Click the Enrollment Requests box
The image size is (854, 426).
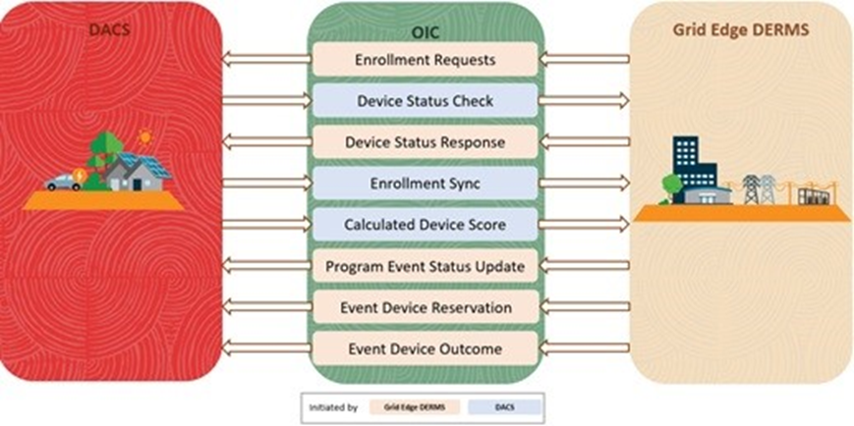[425, 59]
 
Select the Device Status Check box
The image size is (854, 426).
[425, 101]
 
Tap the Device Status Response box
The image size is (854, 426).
[425, 142]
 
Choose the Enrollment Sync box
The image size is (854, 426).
[425, 184]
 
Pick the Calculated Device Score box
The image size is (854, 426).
[425, 224]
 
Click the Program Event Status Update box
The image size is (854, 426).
[425, 267]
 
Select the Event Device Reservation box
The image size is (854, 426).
[425, 307]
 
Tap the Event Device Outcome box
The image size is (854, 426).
[425, 348]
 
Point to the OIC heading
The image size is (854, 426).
[425, 33]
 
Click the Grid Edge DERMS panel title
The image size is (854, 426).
[741, 29]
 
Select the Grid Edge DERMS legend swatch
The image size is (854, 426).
[415, 407]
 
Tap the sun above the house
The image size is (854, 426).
[144, 136]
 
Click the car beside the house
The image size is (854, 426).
[64, 183]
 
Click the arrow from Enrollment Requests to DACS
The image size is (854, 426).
[267, 59]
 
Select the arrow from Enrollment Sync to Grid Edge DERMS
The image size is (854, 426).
[584, 184]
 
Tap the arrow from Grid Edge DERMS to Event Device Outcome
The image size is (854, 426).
[584, 348]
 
